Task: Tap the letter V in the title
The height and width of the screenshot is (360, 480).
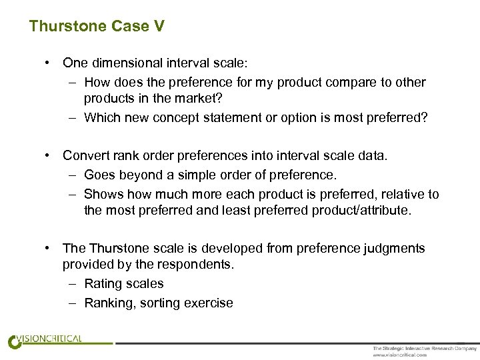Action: tap(159, 27)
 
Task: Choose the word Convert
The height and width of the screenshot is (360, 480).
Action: tap(85, 155)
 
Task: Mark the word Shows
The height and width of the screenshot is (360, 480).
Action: tap(101, 194)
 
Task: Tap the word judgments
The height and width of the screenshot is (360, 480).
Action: tap(391, 248)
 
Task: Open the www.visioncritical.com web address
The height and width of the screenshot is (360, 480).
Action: tap(399, 355)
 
